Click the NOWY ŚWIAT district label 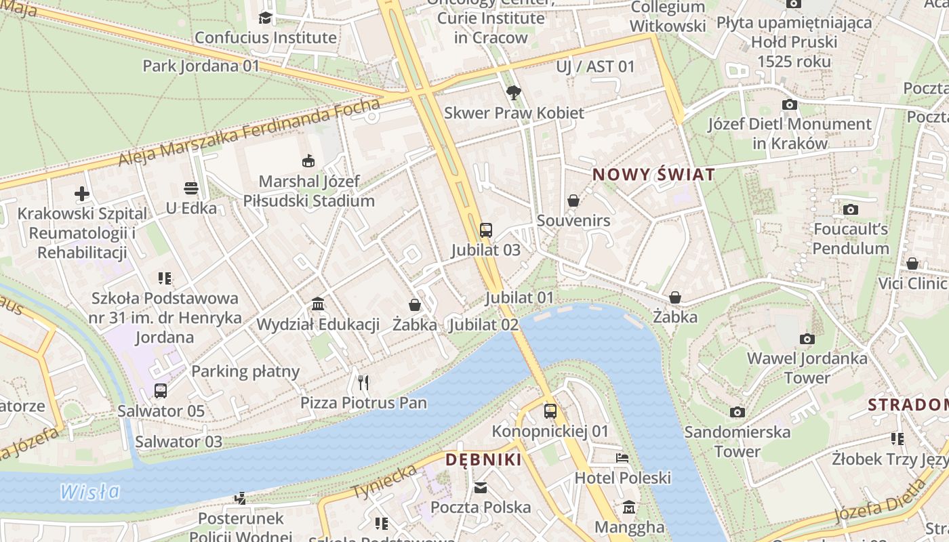click(x=653, y=175)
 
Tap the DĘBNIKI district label click(x=483, y=460)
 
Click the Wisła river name click(x=89, y=492)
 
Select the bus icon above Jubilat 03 click(x=485, y=230)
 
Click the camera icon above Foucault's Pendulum click(x=850, y=209)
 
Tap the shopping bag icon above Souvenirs click(x=573, y=201)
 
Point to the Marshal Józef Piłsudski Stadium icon click(x=308, y=161)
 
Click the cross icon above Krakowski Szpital click(x=82, y=194)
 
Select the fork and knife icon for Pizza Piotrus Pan click(x=363, y=383)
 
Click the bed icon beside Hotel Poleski click(x=622, y=458)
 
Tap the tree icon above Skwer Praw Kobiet click(x=513, y=92)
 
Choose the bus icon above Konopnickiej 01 click(x=550, y=411)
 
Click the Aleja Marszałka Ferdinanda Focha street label click(x=249, y=133)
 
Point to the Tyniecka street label click(x=384, y=482)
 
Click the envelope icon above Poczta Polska click(x=481, y=487)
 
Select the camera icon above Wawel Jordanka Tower click(x=807, y=339)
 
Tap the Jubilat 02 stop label click(x=484, y=325)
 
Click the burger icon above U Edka click(x=191, y=188)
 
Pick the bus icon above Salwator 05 click(x=161, y=391)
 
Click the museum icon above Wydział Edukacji click(x=317, y=304)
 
